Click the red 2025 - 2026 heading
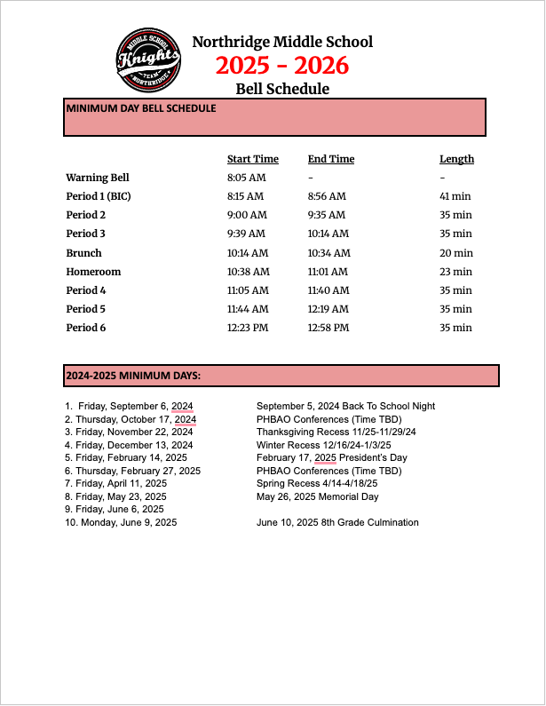pos(281,65)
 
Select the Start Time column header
pos(252,159)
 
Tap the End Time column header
pos(330,159)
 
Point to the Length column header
pos(456,159)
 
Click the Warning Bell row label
pos(98,178)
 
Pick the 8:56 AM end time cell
pos(327,196)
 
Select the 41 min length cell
pos(455,196)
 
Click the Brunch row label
pos(83,253)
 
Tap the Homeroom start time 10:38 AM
pos(246,272)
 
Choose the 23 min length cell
pos(455,272)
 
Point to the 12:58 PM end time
pos(328,328)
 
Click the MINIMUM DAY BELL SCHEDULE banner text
pos(140,108)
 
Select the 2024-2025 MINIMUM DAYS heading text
pos(133,376)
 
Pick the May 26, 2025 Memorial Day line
pos(317,496)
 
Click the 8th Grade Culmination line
pos(337,522)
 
